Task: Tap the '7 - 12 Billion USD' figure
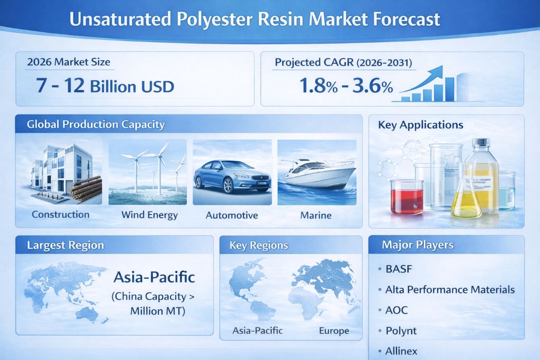coord(105,85)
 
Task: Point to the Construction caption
coord(61,214)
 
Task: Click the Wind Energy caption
coord(150,215)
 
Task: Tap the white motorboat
coord(317,173)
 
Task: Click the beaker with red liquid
coord(407,197)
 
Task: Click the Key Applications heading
coord(420,125)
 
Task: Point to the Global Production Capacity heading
coord(96,124)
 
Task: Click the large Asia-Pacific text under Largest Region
coord(154,277)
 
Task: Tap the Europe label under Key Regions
coord(334,331)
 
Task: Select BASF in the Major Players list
coord(399,269)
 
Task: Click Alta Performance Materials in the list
coord(450,289)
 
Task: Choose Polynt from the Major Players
coord(401,331)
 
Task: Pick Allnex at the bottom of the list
coord(401,351)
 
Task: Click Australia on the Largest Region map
coord(87,313)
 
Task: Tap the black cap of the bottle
coord(481,142)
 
